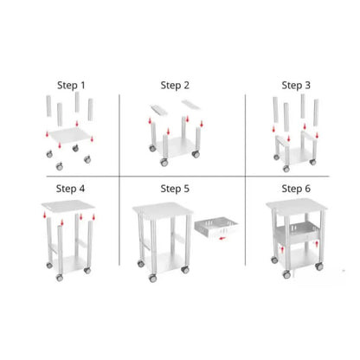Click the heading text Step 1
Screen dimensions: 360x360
click(71, 86)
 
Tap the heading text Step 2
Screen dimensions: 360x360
click(175, 86)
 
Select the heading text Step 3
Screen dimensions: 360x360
click(296, 86)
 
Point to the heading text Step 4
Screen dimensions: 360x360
click(70, 189)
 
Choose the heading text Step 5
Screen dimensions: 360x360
click(175, 189)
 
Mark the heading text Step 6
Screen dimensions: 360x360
click(296, 189)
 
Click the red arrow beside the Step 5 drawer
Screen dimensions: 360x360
click(222, 238)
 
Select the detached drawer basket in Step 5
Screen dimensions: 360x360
click(216, 228)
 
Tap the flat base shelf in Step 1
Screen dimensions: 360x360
click(70, 135)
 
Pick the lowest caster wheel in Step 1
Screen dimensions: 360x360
click(60, 166)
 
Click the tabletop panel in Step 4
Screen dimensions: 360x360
click(68, 206)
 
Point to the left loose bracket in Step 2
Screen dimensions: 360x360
click(159, 110)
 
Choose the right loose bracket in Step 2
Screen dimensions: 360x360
click(190, 105)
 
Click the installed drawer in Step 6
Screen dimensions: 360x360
click(296, 232)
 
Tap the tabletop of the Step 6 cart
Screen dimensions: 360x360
click(297, 206)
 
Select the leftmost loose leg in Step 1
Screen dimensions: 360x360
click(48, 106)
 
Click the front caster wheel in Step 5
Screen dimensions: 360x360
click(152, 279)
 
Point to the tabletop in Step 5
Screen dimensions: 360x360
click(163, 210)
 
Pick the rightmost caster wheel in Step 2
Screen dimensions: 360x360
click(196, 154)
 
